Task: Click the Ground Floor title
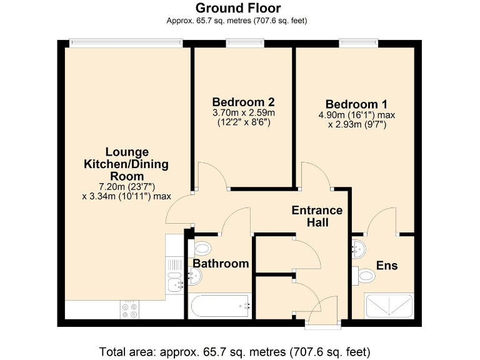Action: (x=238, y=8)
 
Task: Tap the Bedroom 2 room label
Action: (x=243, y=102)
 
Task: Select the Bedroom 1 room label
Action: (x=352, y=104)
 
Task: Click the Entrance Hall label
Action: (x=317, y=216)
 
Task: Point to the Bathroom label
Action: (x=221, y=264)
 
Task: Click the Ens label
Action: (x=387, y=266)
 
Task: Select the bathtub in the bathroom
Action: (x=219, y=306)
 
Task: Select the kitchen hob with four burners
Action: (x=130, y=309)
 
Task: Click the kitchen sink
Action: (x=175, y=281)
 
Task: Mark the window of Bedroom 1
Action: (x=358, y=43)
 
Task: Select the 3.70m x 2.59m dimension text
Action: (x=243, y=113)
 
